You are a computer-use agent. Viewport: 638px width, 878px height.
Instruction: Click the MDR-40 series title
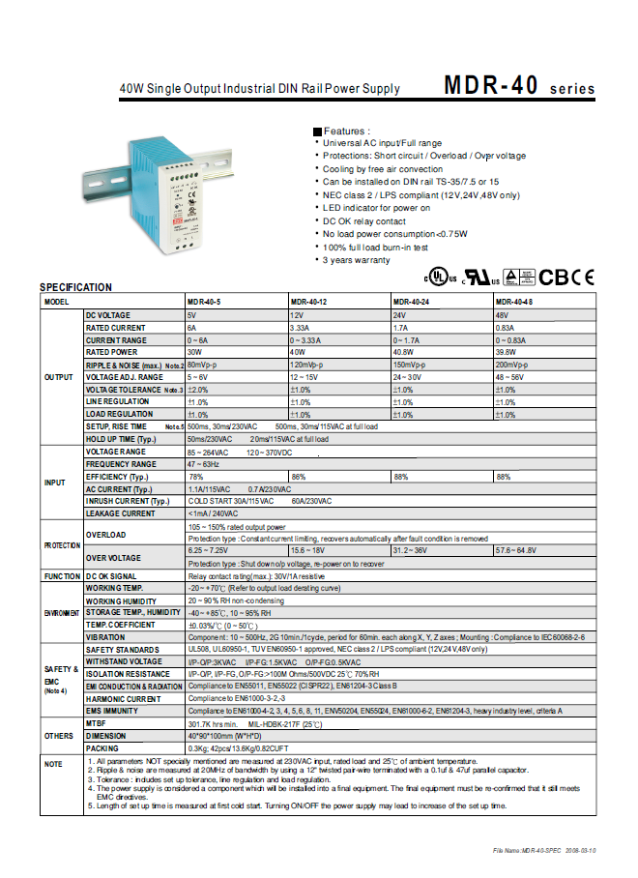pos(519,86)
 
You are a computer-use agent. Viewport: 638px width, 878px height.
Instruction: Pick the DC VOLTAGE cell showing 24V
pos(398,315)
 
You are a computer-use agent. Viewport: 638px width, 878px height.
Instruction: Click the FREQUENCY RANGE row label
pos(121,464)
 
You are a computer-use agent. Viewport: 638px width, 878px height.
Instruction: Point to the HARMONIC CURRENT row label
pos(123,698)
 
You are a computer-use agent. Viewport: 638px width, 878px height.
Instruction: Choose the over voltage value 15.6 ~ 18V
pos(309,549)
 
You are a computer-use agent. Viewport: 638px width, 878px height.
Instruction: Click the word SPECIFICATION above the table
pos(75,287)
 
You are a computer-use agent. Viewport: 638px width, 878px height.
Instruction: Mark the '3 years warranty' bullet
pos(357,261)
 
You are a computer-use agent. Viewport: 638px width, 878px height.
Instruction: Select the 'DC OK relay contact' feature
pos(363,221)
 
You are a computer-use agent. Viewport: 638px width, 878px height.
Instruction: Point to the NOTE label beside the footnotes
pos(53,765)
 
